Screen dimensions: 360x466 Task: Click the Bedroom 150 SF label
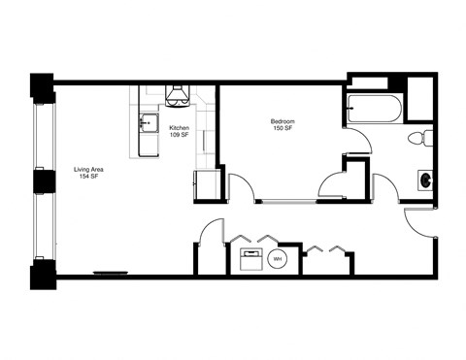pyautogui.click(x=283, y=125)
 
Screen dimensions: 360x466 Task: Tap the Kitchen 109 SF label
pyautogui.click(x=179, y=132)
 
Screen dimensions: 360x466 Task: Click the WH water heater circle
pyautogui.click(x=277, y=259)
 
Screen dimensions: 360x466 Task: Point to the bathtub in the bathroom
pyautogui.click(x=373, y=109)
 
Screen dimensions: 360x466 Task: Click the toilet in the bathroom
pyautogui.click(x=418, y=137)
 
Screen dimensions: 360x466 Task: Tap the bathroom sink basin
pyautogui.click(x=424, y=180)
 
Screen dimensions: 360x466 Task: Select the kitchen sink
pyautogui.click(x=148, y=122)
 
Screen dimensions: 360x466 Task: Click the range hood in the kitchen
pyautogui.click(x=177, y=95)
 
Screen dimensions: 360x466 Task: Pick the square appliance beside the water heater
pyautogui.click(x=250, y=259)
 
